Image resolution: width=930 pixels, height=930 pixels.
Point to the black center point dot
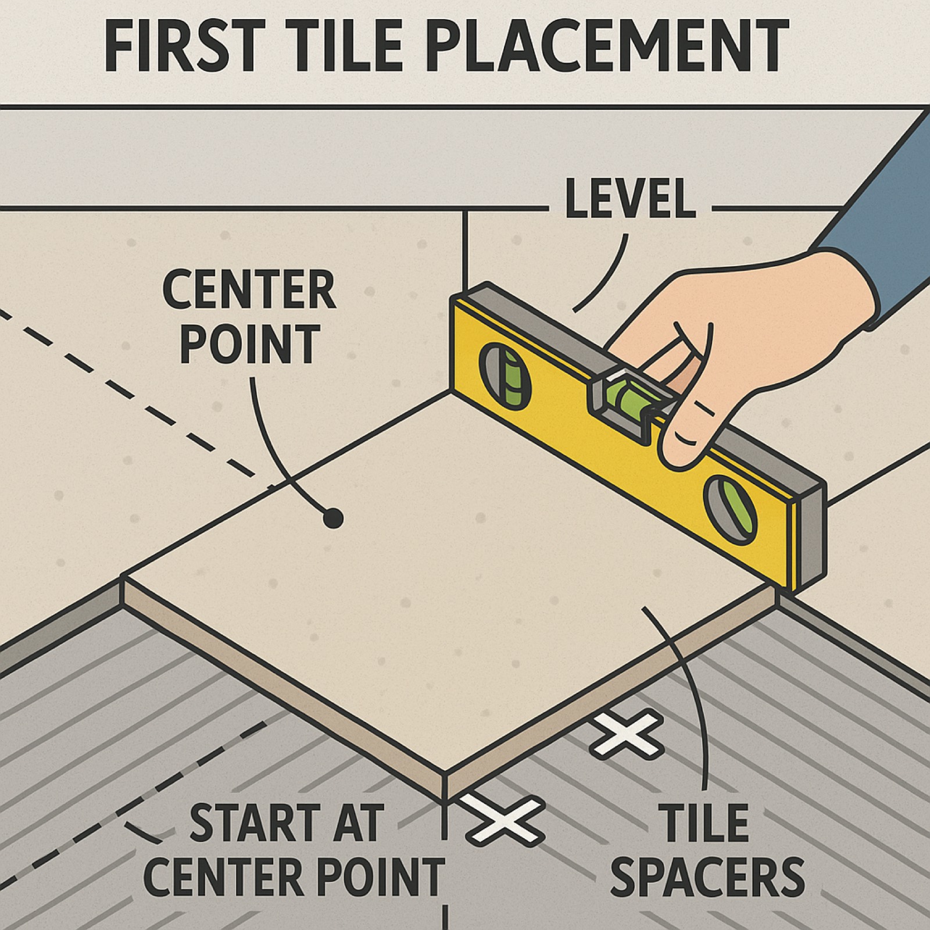point(333,518)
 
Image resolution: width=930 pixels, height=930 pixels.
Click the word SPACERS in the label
point(707,878)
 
